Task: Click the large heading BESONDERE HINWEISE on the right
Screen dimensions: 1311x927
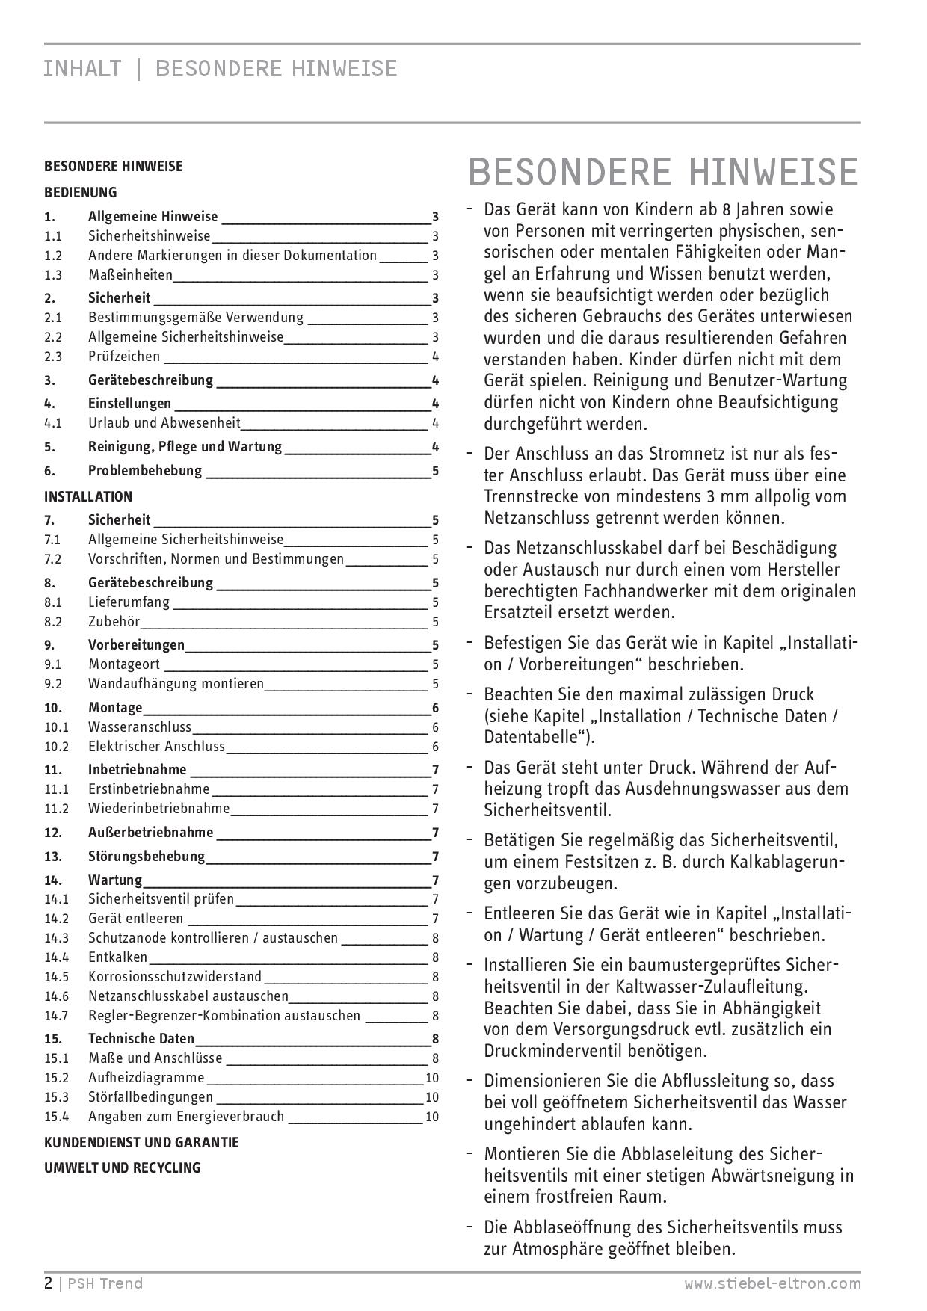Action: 663,172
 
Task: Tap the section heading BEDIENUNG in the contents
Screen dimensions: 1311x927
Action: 81,192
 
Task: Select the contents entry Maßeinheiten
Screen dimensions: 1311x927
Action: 130,275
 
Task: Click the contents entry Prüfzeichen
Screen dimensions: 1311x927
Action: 124,357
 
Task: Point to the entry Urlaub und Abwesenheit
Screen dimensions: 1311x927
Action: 164,423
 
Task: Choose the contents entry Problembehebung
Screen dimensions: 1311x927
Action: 145,471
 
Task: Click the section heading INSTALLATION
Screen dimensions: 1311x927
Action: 88,496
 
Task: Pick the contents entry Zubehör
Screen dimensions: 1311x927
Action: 114,622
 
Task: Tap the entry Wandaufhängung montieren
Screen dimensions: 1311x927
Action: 176,684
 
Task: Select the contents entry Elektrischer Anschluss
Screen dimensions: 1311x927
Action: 156,747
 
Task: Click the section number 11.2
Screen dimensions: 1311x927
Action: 56,809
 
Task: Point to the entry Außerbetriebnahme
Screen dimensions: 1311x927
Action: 150,833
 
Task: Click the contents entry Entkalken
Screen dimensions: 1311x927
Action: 118,957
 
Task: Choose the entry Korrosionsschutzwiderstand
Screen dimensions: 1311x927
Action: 175,977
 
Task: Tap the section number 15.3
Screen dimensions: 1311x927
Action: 56,1097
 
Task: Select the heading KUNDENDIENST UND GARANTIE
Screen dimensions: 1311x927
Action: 141,1142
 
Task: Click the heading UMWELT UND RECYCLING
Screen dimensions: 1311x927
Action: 123,1167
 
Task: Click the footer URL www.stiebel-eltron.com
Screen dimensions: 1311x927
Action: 772,1284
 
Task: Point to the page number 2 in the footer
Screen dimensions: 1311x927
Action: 49,1284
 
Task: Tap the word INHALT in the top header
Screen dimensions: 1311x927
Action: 82,69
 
